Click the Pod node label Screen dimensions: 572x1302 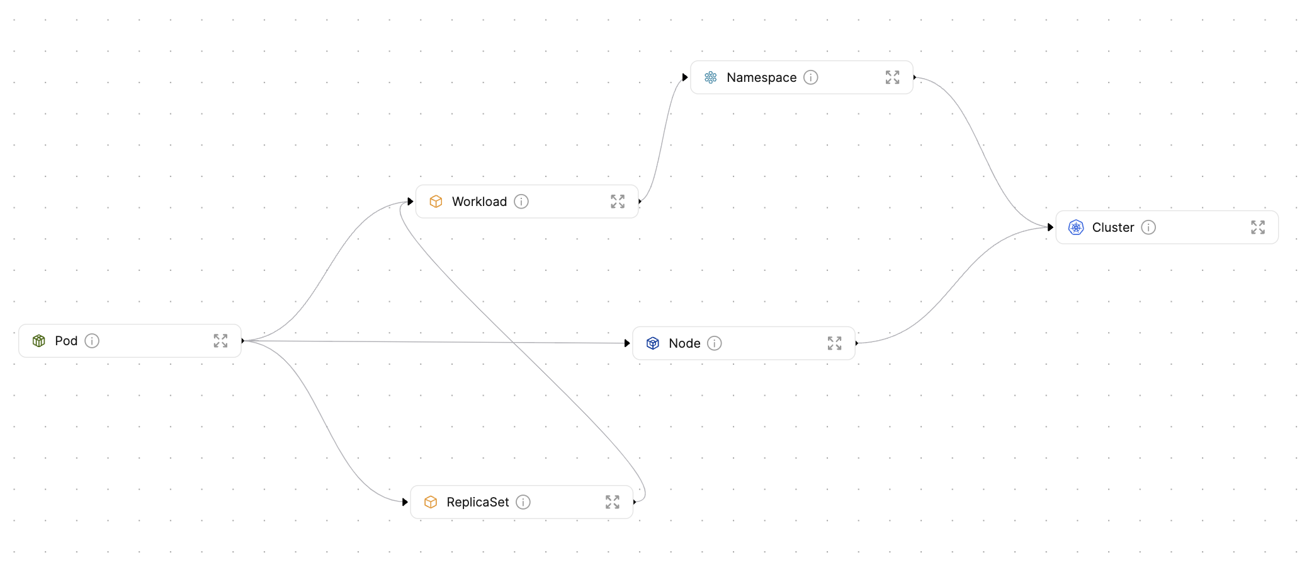pyautogui.click(x=66, y=341)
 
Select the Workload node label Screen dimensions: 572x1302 pyautogui.click(x=479, y=202)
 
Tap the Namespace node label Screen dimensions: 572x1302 pyautogui.click(x=761, y=77)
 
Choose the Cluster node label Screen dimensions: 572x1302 pyautogui.click(x=1112, y=227)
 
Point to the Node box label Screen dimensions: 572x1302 pyautogui.click(x=684, y=343)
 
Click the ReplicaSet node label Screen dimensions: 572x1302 pyautogui.click(x=477, y=502)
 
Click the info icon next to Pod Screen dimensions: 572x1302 pyautogui.click(x=92, y=341)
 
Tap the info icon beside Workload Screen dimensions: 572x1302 pyautogui.click(x=521, y=202)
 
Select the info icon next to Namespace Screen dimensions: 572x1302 pyautogui.click(x=811, y=77)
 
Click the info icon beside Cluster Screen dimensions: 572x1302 pyautogui.click(x=1148, y=227)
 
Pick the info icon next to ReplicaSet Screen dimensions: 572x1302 pyautogui.click(x=523, y=502)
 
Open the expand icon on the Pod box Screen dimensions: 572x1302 pyautogui.click(x=220, y=341)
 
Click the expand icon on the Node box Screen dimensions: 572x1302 pyautogui.click(x=834, y=343)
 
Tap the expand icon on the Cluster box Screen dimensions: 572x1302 pyautogui.click(x=1257, y=227)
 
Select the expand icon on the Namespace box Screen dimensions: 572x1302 pyautogui.click(x=892, y=77)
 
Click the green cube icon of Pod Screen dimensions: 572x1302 pyautogui.click(x=39, y=341)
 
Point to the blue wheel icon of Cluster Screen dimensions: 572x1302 pyautogui.click(x=1076, y=227)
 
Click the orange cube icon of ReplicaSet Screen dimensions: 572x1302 pyautogui.click(x=431, y=502)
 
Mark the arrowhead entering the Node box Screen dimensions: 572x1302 pyautogui.click(x=627, y=343)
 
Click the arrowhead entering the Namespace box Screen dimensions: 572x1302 pyautogui.click(x=685, y=77)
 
